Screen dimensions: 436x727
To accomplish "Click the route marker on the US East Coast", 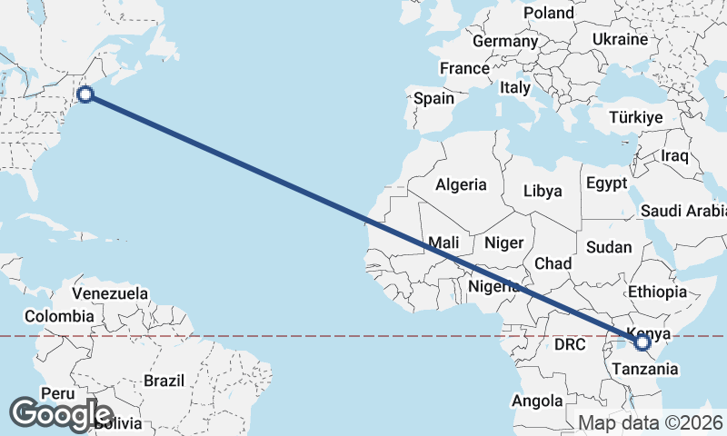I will pos(85,94).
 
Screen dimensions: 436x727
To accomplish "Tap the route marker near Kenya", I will pos(642,342).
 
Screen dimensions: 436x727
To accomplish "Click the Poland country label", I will pos(549,14).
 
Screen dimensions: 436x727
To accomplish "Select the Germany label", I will pos(505,42).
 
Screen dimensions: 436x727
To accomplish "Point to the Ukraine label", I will pos(620,40).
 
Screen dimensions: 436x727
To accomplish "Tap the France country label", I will pos(464,69).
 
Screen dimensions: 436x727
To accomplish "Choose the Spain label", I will pos(433,98).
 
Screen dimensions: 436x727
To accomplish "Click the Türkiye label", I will pos(636,118).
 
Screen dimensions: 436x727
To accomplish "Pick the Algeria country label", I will pos(461,184).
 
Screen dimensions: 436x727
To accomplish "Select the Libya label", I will pos(543,192).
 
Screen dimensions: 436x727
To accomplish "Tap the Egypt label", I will pos(606,183).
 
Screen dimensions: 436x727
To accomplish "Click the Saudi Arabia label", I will pos(683,211).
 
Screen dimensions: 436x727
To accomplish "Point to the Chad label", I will pos(553,263).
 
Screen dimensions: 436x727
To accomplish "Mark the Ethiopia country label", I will pos(657,292).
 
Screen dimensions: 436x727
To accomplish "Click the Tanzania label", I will pos(644,369).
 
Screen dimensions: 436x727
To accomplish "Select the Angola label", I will pos(537,401).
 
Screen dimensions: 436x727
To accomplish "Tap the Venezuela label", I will pos(110,293).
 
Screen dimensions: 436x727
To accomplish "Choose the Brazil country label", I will pos(164,381).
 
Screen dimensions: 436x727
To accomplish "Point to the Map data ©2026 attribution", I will pos(651,422).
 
